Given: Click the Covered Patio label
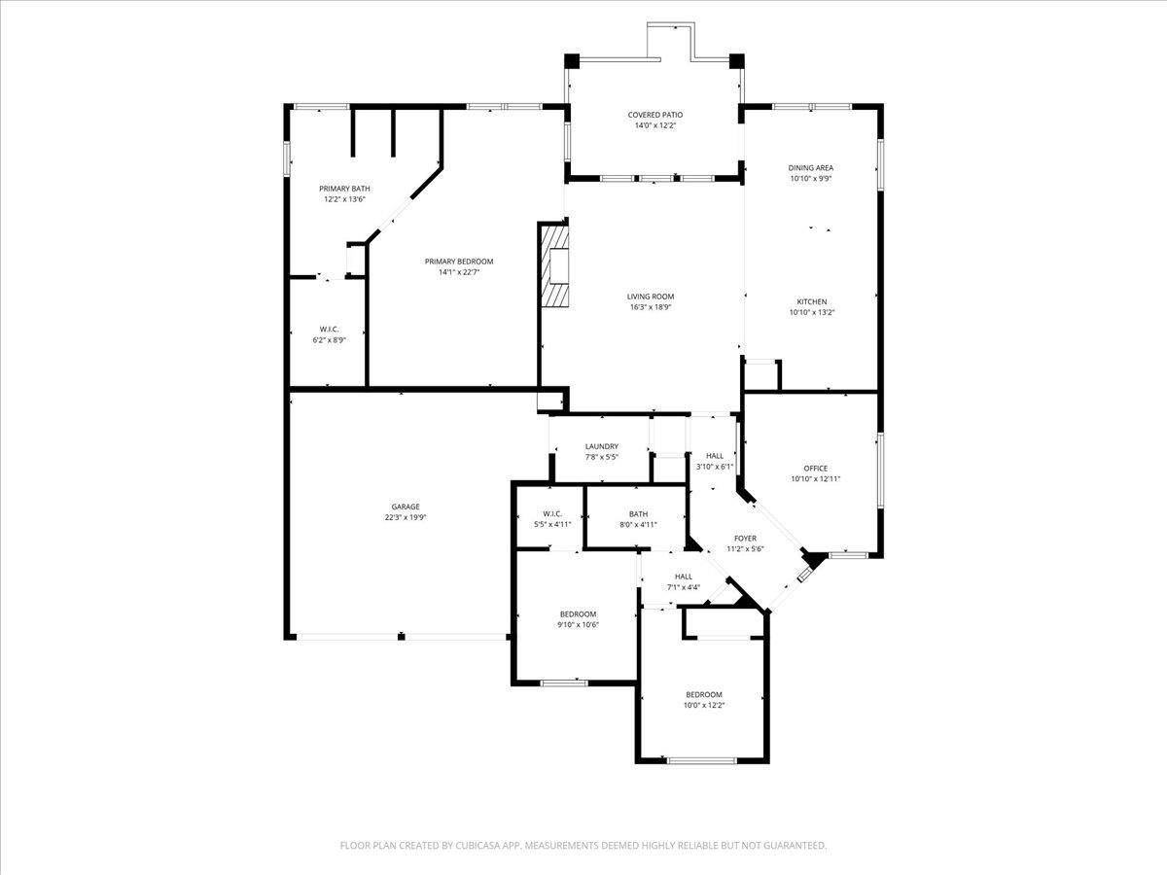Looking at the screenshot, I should (x=654, y=115).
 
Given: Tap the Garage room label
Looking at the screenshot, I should (x=406, y=507).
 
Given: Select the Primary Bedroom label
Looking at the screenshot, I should (x=459, y=262).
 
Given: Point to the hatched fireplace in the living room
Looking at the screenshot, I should (x=555, y=266).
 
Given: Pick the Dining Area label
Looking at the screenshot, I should (x=810, y=168).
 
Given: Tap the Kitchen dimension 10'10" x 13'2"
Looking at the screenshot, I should (x=812, y=313).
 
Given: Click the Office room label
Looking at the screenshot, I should (x=815, y=468).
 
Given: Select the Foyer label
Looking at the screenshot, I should (x=745, y=538).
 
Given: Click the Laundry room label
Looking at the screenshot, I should (x=602, y=446).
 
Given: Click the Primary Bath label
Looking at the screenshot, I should (x=344, y=189).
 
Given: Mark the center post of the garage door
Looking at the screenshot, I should (x=401, y=637).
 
